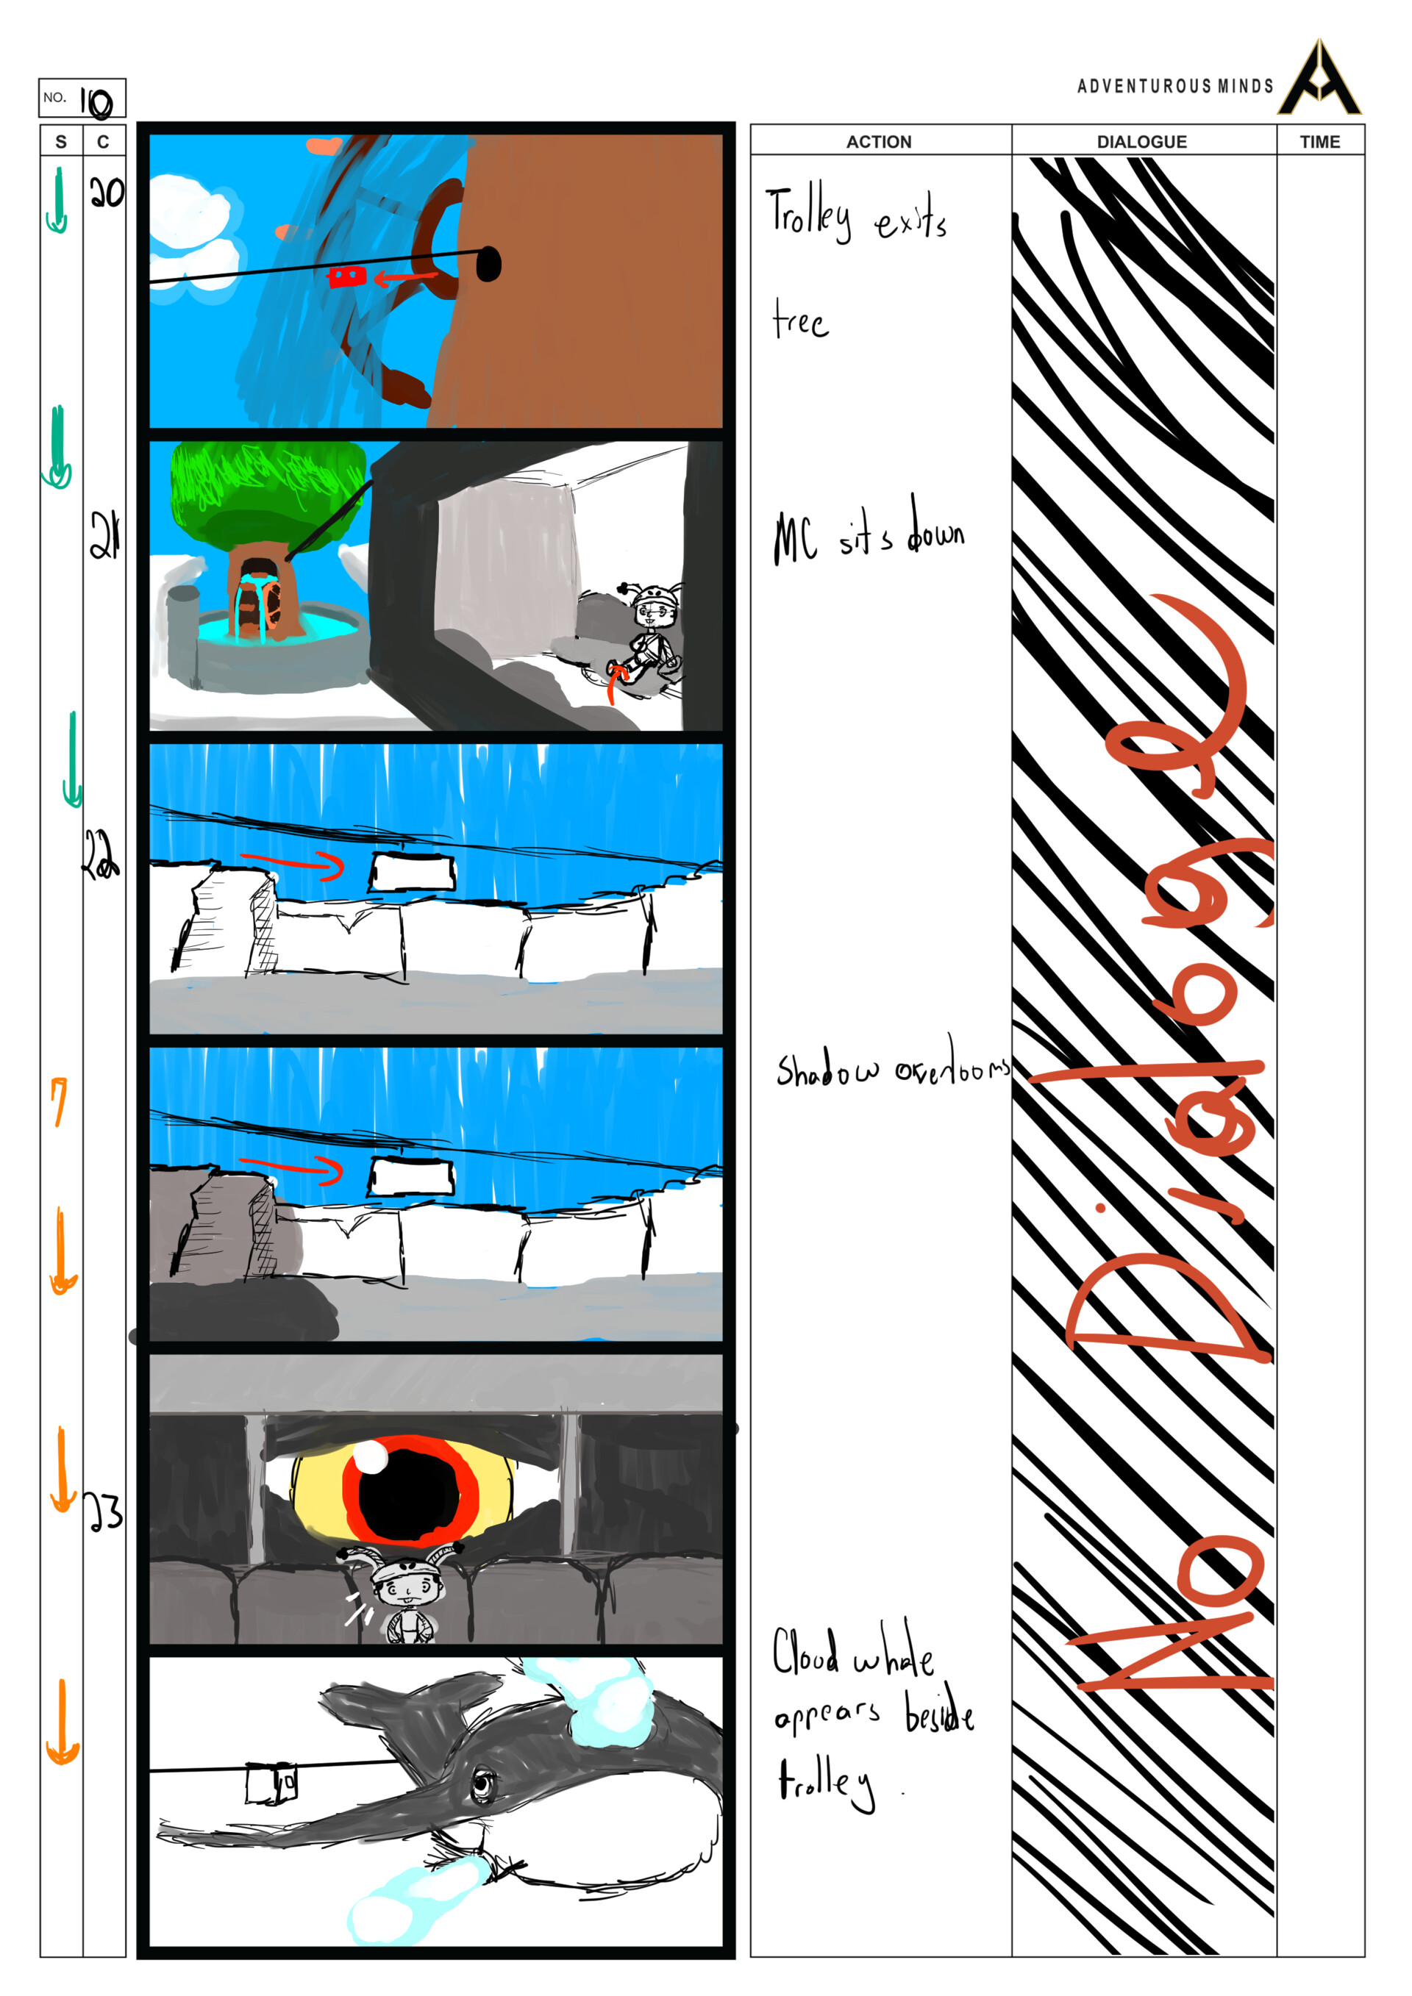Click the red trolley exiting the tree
click(x=346, y=277)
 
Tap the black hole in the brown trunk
click(x=488, y=263)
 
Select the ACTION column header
click(x=879, y=142)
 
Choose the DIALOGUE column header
click(x=1141, y=142)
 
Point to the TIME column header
click(x=1320, y=142)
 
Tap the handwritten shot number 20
click(x=106, y=192)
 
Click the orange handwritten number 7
click(x=58, y=1101)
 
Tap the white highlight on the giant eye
click(x=373, y=1458)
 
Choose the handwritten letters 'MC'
click(x=796, y=538)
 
